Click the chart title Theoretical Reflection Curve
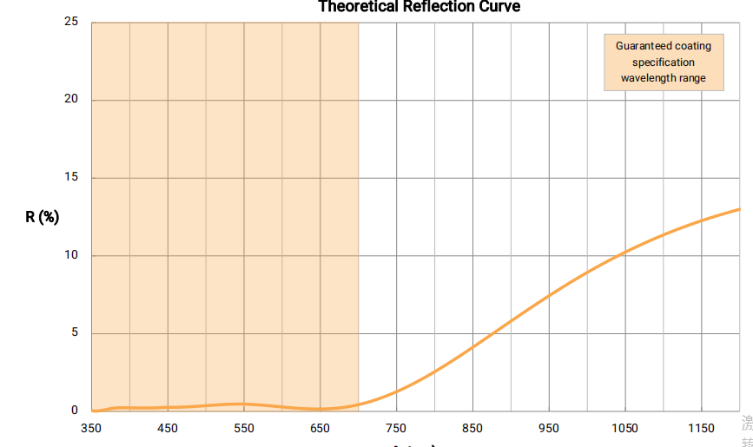click(x=419, y=7)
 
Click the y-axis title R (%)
click(x=42, y=217)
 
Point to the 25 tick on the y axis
click(x=71, y=22)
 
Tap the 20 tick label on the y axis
click(x=71, y=99)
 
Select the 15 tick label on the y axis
click(x=71, y=177)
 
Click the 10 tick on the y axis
click(x=71, y=255)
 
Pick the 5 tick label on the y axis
click(x=75, y=332)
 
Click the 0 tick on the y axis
click(x=75, y=411)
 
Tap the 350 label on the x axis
click(x=91, y=428)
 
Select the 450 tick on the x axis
click(x=168, y=428)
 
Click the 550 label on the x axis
click(x=244, y=428)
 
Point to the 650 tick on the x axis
click(x=320, y=428)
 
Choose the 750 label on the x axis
click(x=396, y=428)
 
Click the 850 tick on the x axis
click(x=472, y=428)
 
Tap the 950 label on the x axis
click(x=549, y=428)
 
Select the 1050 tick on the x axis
click(x=624, y=428)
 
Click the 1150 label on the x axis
click(x=701, y=428)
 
